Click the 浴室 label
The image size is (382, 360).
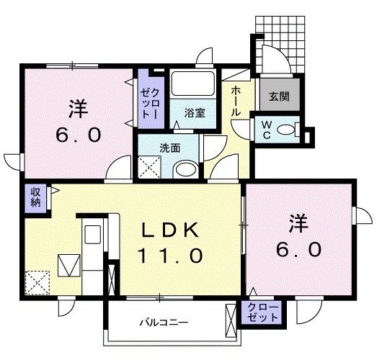tap(192, 112)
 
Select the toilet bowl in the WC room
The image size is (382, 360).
tap(287, 130)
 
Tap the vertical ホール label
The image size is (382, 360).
tap(236, 102)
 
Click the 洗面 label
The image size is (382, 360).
tap(169, 148)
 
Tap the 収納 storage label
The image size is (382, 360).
tap(35, 197)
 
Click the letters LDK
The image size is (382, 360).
tap(169, 230)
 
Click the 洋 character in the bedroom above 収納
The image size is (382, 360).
tap(78, 109)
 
